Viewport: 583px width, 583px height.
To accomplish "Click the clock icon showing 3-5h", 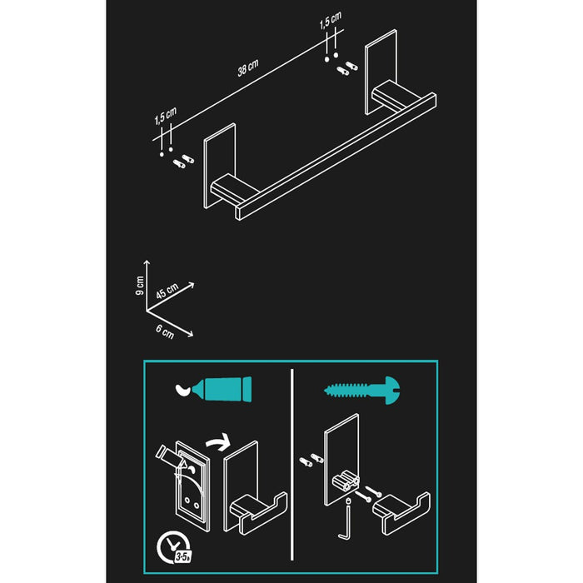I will [x=172, y=523].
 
